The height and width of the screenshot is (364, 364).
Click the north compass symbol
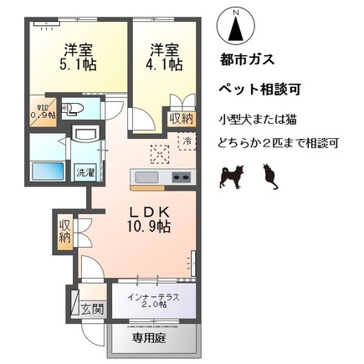(236, 27)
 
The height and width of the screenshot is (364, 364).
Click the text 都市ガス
(245, 63)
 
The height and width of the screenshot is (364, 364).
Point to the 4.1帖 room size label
(165, 58)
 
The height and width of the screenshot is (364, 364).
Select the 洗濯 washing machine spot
(85, 172)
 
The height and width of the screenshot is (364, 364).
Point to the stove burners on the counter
(182, 177)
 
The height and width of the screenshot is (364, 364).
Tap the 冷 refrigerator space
(188, 141)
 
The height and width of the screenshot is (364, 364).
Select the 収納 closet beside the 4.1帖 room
(182, 119)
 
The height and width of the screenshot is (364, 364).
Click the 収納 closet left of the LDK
(65, 232)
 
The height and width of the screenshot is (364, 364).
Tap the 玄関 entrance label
(91, 308)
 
